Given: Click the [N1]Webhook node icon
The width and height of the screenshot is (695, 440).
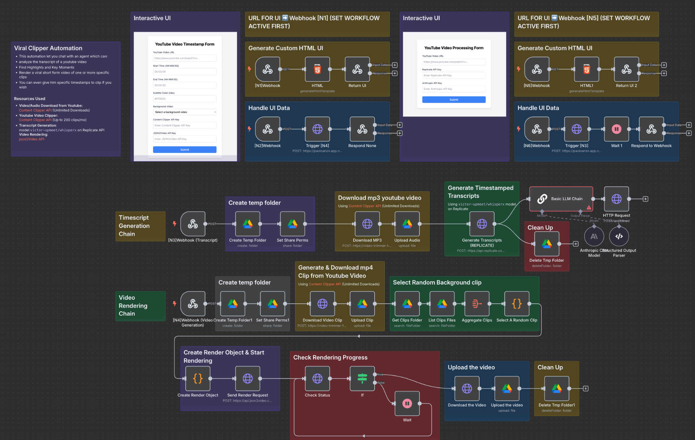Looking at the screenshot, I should pyautogui.click(x=268, y=69).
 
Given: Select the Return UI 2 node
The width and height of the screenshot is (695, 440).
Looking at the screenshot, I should pyautogui.click(x=626, y=69).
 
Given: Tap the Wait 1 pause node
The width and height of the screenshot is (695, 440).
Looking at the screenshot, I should pyautogui.click(x=616, y=129).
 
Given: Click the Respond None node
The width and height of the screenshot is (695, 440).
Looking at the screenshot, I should pyautogui.click(x=362, y=129).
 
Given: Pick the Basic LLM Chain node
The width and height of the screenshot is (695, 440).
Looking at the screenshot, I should pyautogui.click(x=561, y=199).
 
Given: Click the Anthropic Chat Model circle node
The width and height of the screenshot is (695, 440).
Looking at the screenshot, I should pyautogui.click(x=594, y=237).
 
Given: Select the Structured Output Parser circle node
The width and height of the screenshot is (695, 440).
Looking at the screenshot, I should pyautogui.click(x=619, y=237).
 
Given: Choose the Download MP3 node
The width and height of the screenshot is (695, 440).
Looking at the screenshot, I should pyautogui.click(x=367, y=224).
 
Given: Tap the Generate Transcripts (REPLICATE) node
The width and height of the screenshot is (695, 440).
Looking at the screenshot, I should pyautogui.click(x=482, y=224).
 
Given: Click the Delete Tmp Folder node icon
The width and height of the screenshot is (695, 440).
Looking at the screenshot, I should pyautogui.click(x=547, y=244).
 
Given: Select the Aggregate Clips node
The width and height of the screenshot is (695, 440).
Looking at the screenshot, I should pyautogui.click(x=477, y=304).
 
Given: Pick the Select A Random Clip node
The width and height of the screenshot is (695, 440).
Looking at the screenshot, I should pyautogui.click(x=517, y=304).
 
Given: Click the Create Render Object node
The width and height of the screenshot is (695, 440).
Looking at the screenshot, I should pyautogui.click(x=198, y=379).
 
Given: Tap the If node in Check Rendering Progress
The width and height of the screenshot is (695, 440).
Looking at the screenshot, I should pyautogui.click(x=362, y=379).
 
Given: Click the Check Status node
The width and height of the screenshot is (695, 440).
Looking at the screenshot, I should pyautogui.click(x=317, y=379).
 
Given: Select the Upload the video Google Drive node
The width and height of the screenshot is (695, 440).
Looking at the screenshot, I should pyautogui.click(x=507, y=389).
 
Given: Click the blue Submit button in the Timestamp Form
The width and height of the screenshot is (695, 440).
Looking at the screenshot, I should pyautogui.click(x=185, y=150).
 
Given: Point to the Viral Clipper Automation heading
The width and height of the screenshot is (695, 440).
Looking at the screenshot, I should pyautogui.click(x=48, y=48).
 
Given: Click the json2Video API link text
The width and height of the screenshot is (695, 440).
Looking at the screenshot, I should pyautogui.click(x=31, y=139).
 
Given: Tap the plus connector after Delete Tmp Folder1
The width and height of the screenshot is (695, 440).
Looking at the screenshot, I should pyautogui.click(x=586, y=389).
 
